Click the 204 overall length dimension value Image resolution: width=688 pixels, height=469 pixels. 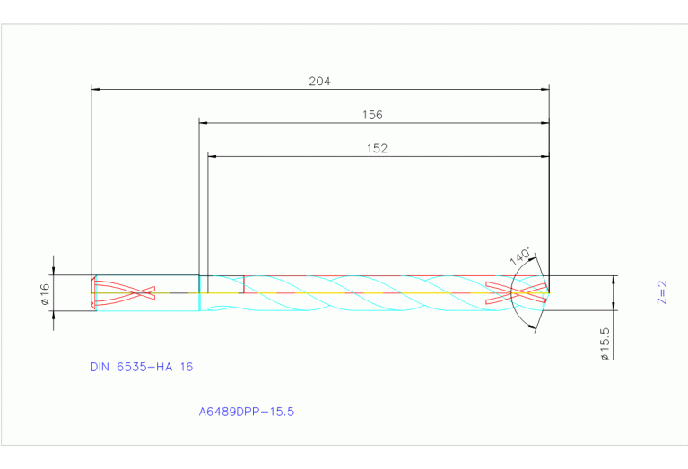click(319, 81)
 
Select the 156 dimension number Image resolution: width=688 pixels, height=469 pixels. click(372, 115)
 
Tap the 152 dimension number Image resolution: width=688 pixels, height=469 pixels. click(378, 149)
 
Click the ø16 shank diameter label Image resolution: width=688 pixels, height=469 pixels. click(45, 293)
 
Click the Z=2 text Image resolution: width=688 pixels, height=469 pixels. click(662, 293)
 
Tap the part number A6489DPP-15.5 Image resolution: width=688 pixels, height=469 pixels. click(247, 413)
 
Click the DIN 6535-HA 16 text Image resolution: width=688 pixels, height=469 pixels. click(142, 367)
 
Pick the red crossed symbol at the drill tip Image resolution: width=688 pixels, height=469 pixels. click(516, 293)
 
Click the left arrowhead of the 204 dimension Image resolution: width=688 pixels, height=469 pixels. click(97, 89)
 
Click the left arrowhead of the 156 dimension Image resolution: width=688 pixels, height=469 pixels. click(204, 123)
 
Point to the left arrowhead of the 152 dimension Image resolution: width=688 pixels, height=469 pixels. click(213, 156)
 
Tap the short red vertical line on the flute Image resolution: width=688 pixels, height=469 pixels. click(244, 284)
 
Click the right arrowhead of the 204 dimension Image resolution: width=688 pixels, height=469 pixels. click(544, 89)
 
